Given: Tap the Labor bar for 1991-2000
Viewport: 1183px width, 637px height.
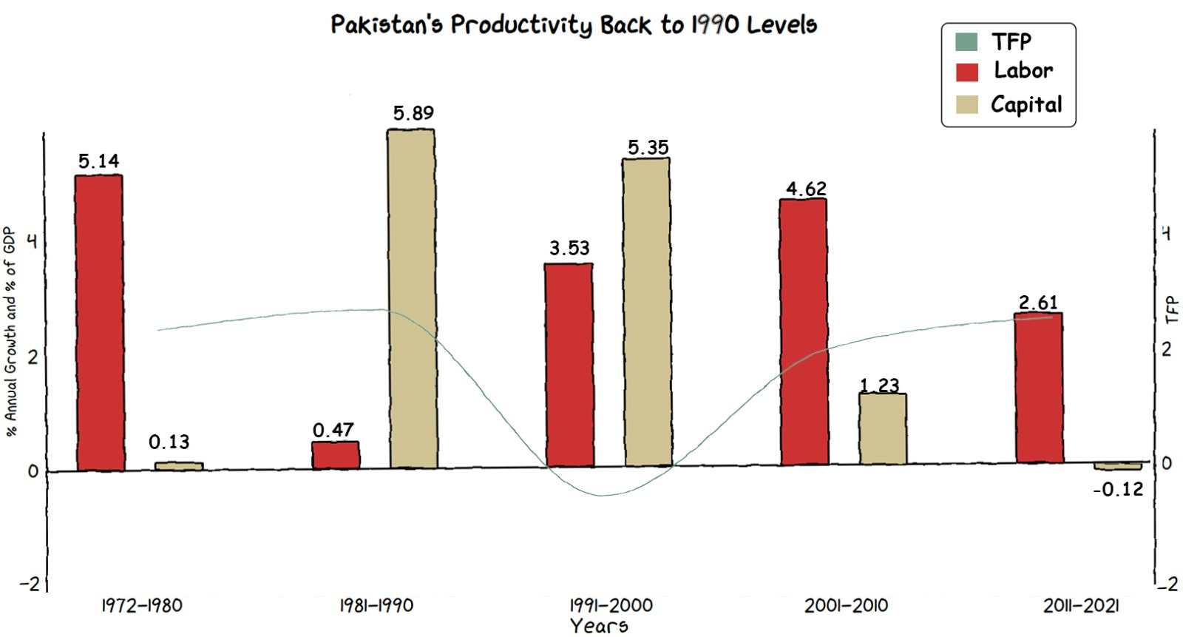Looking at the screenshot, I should (x=569, y=364).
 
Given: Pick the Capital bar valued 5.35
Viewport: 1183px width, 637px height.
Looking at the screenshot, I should (x=647, y=311).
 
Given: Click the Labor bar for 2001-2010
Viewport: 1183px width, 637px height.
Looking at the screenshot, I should (x=803, y=331).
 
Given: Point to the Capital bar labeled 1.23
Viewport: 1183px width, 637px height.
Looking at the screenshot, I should (x=882, y=429).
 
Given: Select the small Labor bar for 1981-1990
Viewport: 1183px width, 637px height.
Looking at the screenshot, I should (x=335, y=455).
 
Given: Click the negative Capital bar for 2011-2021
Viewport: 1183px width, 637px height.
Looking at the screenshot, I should (x=1117, y=466).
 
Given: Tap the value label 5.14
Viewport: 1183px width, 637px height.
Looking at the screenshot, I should (x=98, y=161).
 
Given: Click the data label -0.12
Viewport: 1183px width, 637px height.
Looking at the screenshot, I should (x=1118, y=489).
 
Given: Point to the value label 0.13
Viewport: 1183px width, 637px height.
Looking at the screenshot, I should (x=169, y=442).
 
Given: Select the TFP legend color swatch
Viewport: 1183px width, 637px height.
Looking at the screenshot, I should (x=966, y=41).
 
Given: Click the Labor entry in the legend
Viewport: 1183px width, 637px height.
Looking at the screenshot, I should (x=1023, y=71).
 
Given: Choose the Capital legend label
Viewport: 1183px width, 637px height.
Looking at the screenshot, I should (x=1026, y=104).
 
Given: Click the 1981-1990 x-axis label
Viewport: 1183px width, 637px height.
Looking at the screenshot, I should (x=376, y=606).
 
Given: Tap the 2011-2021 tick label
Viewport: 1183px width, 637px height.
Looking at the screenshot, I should (x=1081, y=606).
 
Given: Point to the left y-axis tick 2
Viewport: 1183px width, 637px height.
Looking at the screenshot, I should (x=33, y=357).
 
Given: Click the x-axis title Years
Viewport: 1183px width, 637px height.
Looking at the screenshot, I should (x=599, y=626).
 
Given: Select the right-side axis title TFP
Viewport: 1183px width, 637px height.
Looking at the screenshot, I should (x=1171, y=309).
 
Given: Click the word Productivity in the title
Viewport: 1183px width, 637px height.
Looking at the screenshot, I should (x=521, y=25).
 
